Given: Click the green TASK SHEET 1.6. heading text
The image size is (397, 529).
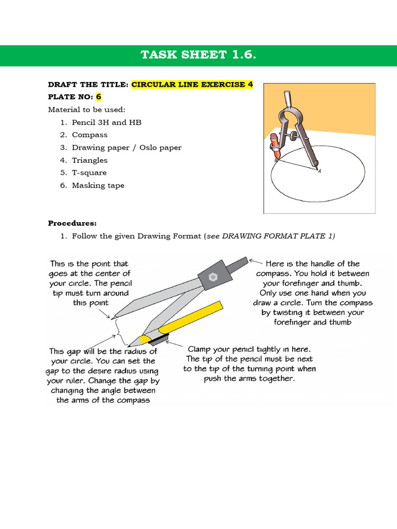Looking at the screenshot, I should tap(198, 55).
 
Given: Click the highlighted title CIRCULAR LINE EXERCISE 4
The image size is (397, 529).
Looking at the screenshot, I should tap(192, 85).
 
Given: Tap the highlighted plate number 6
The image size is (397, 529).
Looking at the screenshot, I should tap(98, 97).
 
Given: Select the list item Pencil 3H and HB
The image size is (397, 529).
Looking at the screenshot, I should tap(106, 122).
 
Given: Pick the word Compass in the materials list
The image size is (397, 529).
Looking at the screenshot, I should tap(90, 135).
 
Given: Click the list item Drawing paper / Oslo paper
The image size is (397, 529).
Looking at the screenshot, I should tap(127, 148).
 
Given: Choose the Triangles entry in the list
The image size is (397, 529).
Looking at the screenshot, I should tap(90, 160).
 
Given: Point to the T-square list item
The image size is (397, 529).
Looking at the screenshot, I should tap(89, 173).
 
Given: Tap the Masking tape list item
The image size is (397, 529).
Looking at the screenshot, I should tap(98, 185).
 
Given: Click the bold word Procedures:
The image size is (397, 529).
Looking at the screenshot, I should tap(72, 223).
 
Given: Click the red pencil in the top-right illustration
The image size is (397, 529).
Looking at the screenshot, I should tap(274, 145).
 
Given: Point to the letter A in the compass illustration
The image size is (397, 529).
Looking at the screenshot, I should tap(319, 172).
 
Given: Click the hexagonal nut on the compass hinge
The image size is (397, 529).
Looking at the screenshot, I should tap(212, 277).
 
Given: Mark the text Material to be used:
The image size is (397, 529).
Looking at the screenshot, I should tap(86, 110).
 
